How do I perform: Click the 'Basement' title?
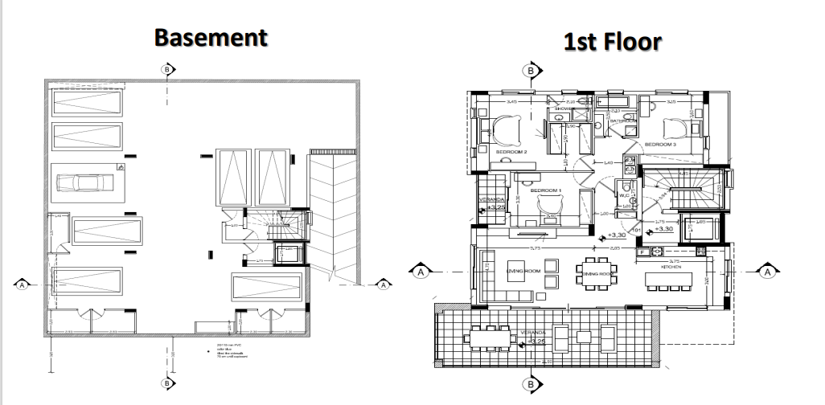[x=210, y=37]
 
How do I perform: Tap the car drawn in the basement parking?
[x=88, y=183]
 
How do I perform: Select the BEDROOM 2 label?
[x=511, y=151]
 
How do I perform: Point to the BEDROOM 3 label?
[x=660, y=144]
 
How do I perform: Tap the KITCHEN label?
[x=671, y=266]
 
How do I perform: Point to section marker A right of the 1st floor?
[x=767, y=272]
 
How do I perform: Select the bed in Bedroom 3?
[x=674, y=127]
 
